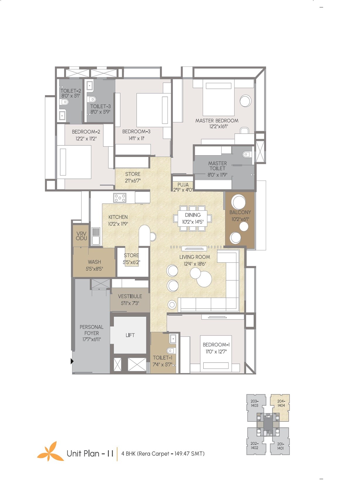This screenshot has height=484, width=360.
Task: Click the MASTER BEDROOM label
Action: [x=217, y=121]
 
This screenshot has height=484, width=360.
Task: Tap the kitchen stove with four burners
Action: [x=120, y=198]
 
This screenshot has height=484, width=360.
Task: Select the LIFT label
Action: [x=130, y=335]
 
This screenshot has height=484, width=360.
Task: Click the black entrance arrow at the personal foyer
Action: [x=72, y=361]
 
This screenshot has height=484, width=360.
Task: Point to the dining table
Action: [x=192, y=218]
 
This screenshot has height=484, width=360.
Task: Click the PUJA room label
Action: [x=183, y=185]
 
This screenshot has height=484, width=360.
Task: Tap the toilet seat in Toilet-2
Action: [x=64, y=102]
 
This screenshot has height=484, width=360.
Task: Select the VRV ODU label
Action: [x=81, y=236]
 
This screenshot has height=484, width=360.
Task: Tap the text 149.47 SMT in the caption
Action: [x=189, y=454]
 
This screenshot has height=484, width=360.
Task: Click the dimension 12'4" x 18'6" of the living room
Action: [x=195, y=264]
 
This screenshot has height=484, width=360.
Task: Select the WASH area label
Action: [x=94, y=262]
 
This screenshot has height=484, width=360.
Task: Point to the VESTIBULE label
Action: [x=130, y=296]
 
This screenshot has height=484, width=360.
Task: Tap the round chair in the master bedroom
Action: [x=245, y=101]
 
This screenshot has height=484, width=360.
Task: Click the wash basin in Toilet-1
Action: [x=173, y=339]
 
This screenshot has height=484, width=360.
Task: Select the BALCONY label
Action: [x=240, y=212]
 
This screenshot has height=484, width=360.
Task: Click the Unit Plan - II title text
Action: [x=90, y=454]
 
